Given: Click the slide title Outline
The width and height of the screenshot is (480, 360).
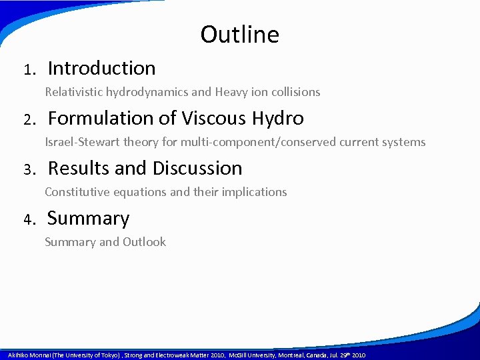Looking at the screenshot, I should (x=239, y=35).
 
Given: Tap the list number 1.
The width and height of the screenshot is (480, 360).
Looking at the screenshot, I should (x=28, y=70).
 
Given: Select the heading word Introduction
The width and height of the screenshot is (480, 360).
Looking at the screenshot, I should (x=101, y=68).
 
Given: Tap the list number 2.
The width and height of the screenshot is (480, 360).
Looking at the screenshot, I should (x=28, y=120).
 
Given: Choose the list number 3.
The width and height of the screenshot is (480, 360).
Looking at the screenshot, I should (x=28, y=170).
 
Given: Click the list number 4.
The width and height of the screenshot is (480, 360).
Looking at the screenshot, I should (x=28, y=220).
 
